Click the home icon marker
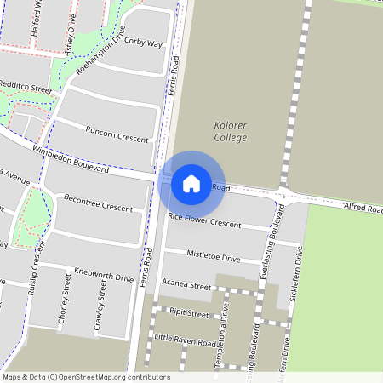191,183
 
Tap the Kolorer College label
230,132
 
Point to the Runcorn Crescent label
117,134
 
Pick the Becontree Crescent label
98,202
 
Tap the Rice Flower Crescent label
204,220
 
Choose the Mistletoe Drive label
214,255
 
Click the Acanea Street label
186,286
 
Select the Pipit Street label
188,314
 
